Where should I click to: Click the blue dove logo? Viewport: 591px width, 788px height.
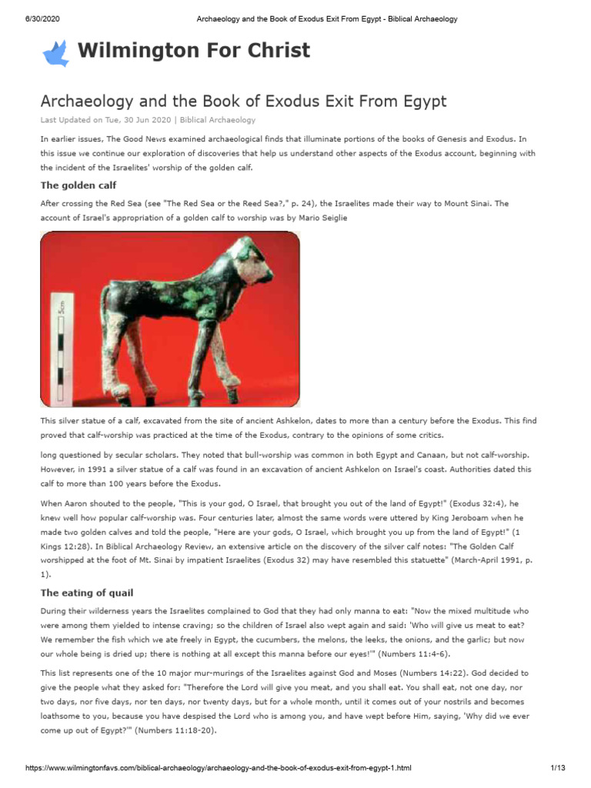55,52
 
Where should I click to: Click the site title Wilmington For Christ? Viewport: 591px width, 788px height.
194,51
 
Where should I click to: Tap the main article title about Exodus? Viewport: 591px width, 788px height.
243,101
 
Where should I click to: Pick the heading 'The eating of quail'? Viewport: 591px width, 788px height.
86,593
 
